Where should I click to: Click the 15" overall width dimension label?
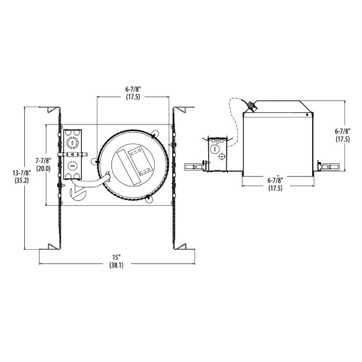(117, 257)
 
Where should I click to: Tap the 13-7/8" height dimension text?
(21, 173)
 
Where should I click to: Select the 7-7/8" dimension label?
(43, 161)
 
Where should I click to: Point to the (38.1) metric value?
(116, 265)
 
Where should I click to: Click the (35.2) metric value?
(21, 181)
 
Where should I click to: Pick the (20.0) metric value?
(43, 168)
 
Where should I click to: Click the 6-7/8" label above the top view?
(133, 89)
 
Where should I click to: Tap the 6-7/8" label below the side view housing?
(275, 180)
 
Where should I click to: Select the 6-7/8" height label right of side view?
(343, 131)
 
